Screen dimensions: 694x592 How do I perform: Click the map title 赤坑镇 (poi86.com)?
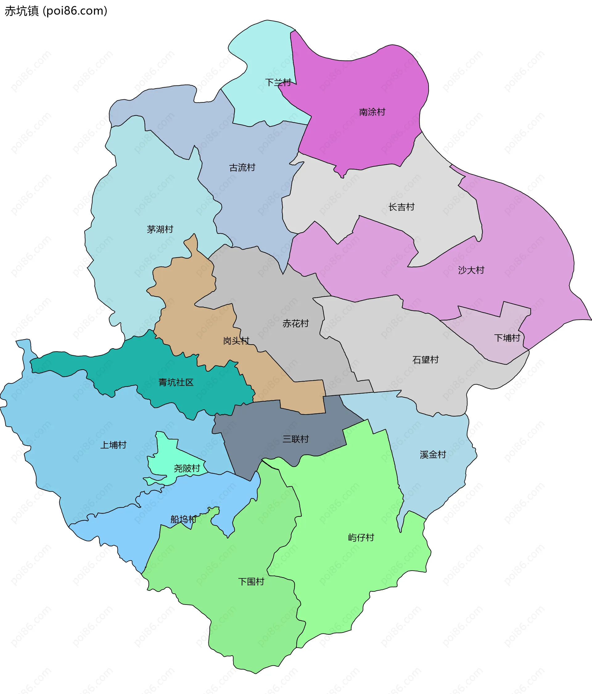56,11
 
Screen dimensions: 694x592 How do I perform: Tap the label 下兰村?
278,82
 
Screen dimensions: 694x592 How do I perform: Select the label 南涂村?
372,112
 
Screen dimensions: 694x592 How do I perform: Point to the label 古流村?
242,167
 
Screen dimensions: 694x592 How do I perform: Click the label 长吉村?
401,207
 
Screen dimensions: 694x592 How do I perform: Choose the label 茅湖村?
160,229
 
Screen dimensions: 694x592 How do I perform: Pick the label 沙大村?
471,270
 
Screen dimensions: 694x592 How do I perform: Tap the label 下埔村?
507,338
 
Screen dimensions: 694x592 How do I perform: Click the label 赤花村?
295,323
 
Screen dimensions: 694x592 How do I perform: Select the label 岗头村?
236,341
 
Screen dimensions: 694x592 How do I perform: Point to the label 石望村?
425,360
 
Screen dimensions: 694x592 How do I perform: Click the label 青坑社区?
176,382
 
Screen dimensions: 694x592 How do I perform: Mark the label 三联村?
295,439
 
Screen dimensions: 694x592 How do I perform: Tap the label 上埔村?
113,445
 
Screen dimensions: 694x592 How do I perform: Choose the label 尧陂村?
187,468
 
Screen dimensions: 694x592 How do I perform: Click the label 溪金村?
433,455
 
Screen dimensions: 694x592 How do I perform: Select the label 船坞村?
183,519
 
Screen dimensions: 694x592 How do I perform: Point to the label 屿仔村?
361,538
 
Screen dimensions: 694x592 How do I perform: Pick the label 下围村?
251,581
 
